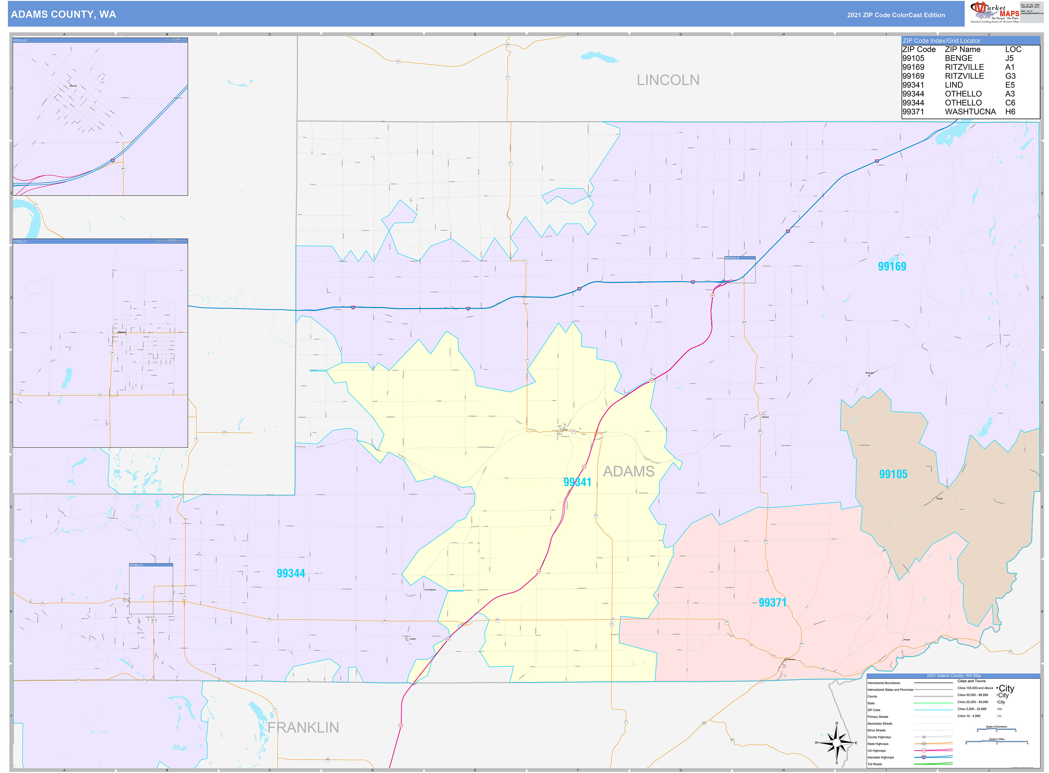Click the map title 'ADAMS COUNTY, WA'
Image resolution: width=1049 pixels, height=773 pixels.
(x=63, y=15)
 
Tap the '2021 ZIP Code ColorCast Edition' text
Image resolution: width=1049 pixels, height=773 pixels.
(x=896, y=15)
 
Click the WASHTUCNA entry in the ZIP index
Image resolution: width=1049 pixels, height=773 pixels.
(x=970, y=112)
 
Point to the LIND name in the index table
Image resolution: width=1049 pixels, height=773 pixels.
(x=954, y=85)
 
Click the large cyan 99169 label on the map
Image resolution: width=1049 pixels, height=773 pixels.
(x=892, y=267)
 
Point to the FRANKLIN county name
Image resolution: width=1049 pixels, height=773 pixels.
(x=303, y=728)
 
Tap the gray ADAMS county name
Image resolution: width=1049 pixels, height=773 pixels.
(x=628, y=472)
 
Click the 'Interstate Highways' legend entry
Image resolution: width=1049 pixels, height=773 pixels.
(x=880, y=757)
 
